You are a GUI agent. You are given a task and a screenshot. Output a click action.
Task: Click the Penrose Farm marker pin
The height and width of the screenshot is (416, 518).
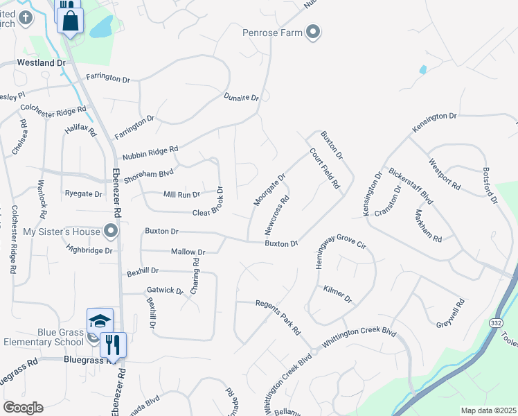pyautogui.click(x=314, y=32)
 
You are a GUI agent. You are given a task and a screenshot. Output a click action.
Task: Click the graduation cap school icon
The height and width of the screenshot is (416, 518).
pyautogui.click(x=100, y=320)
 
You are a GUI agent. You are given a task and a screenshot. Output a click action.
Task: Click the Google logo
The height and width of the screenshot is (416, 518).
pyautogui.click(x=23, y=407)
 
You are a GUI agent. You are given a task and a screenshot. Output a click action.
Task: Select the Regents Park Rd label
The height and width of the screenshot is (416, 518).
pyautogui.click(x=278, y=317)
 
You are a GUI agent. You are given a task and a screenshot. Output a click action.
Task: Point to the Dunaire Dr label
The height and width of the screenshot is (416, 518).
pyautogui.click(x=241, y=98)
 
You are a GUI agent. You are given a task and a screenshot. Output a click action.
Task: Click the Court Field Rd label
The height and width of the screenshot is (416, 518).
pyautogui.click(x=324, y=169)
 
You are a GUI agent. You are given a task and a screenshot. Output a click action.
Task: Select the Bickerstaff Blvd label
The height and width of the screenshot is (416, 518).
pyautogui.click(x=411, y=185)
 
